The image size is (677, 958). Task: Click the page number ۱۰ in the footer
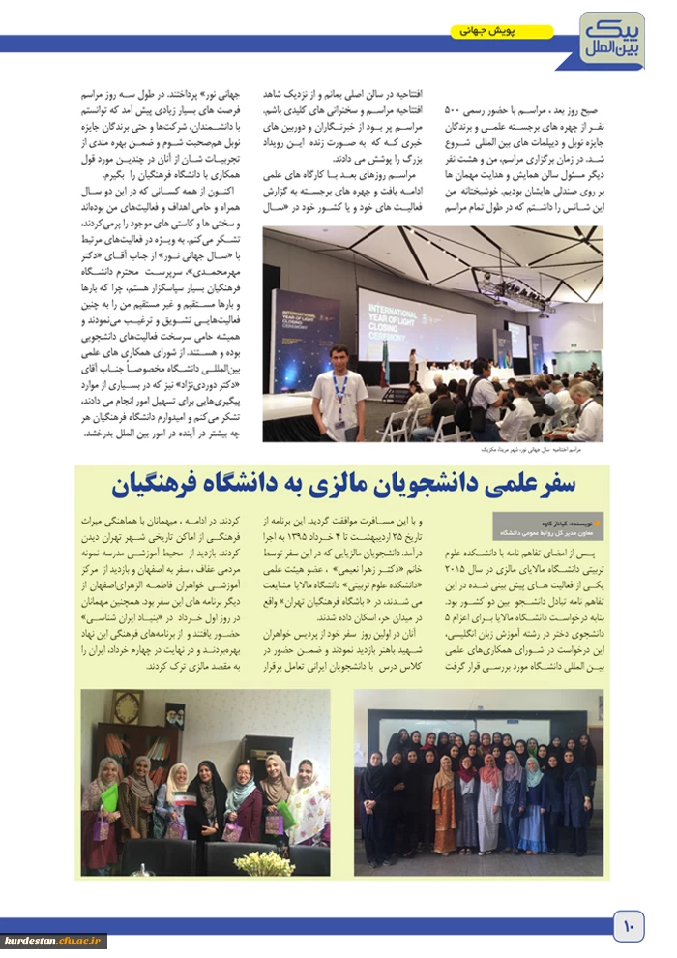[627, 928]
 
